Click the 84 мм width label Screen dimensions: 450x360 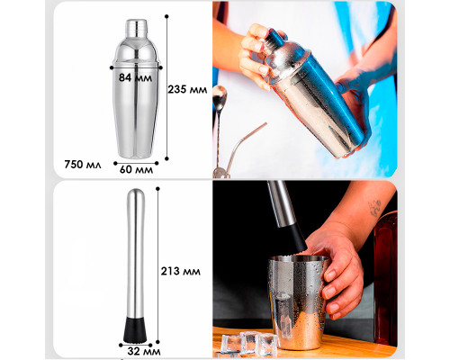click(135, 77)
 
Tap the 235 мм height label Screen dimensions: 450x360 click(187, 89)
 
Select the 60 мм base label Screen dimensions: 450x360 click(136, 169)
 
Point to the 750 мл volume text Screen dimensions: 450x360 click(83, 165)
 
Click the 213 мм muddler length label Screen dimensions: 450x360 click(181, 271)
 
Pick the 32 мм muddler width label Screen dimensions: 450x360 click(144, 351)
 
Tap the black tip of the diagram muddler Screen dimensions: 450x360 click(135, 329)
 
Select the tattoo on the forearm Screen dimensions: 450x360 click(375, 208)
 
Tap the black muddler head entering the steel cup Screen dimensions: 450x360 click(297, 238)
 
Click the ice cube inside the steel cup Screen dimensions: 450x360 click(283, 312)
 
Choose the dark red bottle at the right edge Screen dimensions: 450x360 click(386, 279)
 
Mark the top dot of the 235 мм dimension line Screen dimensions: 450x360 click(166, 16)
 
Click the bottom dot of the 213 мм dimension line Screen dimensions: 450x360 click(157, 342)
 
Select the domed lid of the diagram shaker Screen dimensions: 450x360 click(136, 51)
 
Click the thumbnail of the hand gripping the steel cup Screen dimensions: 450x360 click(330, 275)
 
